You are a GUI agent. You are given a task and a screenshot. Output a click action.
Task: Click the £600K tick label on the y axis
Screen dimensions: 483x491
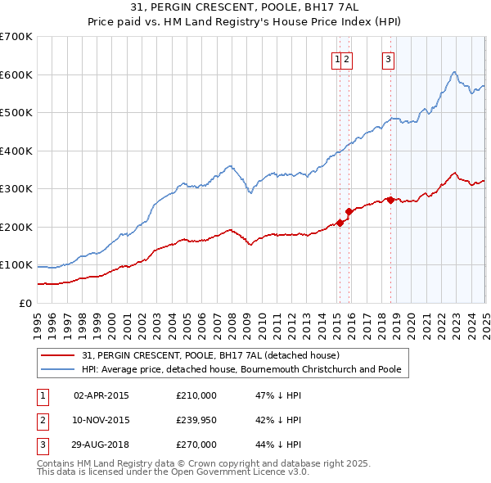(x=16, y=74)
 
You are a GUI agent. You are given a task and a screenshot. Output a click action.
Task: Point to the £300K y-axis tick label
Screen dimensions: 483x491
(x=16, y=188)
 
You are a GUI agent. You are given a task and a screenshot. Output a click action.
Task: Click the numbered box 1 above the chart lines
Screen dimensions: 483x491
(x=336, y=58)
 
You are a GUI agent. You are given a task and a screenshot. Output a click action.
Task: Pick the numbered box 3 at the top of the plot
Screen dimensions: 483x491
(x=387, y=58)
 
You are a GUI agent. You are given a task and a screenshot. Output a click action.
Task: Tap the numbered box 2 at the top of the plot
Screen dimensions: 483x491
(x=347, y=58)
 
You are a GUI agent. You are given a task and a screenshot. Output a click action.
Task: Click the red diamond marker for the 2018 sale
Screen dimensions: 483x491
(x=390, y=200)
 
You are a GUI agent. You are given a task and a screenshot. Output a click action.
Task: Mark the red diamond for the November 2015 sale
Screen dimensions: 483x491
(x=349, y=211)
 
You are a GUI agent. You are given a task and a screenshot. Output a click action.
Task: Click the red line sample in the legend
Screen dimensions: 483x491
(x=57, y=356)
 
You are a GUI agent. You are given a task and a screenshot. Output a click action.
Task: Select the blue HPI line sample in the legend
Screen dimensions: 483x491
(x=57, y=369)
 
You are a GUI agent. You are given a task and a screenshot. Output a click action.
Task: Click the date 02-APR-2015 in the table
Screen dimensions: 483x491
(x=101, y=395)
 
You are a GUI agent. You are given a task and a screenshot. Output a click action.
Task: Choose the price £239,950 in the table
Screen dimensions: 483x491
(x=196, y=420)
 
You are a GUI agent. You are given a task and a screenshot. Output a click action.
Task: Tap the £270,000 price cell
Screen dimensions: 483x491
(x=196, y=445)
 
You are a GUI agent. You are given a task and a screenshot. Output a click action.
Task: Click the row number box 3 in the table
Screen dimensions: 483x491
(x=40, y=445)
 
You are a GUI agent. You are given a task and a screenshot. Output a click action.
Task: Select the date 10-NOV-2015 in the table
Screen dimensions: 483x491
(x=101, y=420)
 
